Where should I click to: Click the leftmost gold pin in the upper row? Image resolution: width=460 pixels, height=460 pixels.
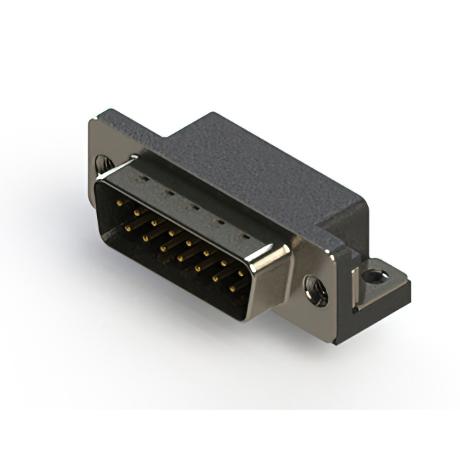coord(119,204)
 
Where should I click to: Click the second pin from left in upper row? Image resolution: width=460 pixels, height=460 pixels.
coord(135,213)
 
